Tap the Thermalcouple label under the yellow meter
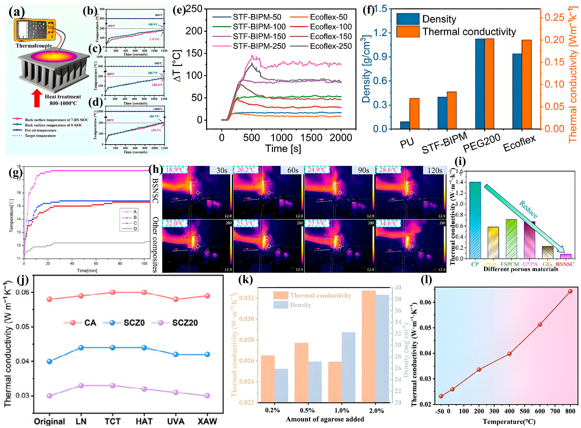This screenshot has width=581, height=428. pos(34,46)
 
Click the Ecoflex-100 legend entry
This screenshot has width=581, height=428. pos(331,27)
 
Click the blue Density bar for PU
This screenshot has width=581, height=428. pos(405,125)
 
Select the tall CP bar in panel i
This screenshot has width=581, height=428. pos(475,220)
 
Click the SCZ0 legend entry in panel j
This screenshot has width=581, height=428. pos(134,323)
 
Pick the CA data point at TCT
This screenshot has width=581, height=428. pos(112,292)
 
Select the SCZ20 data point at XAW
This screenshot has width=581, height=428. pos(207,396)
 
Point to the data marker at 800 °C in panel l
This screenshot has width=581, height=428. pos(570,291)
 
